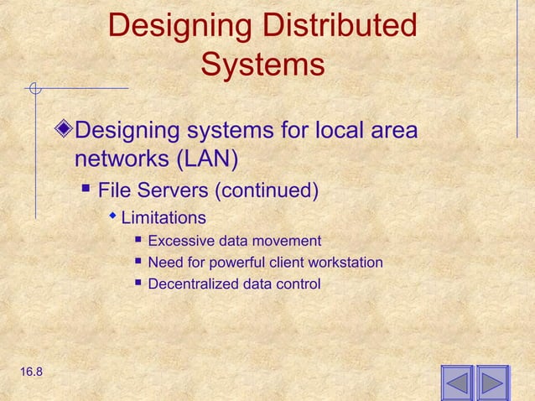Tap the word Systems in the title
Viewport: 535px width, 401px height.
(262, 65)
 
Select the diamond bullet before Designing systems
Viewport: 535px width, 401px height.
(66, 132)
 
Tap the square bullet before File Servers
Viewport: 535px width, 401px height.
(85, 187)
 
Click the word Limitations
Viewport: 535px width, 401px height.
(164, 218)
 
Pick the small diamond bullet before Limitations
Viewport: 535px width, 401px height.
(114, 217)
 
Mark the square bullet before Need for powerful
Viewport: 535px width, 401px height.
(138, 263)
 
